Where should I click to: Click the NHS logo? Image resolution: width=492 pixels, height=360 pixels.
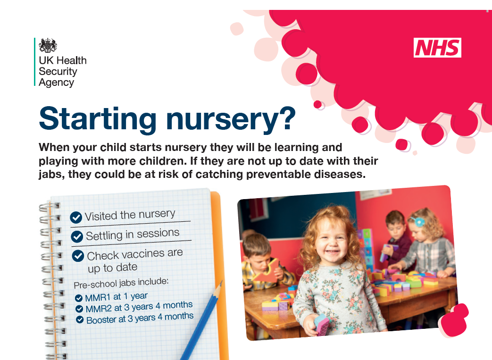point(437,48)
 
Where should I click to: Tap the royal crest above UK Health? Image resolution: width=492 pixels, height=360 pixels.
point(48,46)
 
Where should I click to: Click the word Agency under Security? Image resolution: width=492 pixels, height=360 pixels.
point(56,82)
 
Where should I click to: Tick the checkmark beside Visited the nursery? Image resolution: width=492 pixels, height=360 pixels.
point(76,217)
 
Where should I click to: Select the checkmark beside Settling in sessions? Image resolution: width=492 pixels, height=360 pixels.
point(77,236)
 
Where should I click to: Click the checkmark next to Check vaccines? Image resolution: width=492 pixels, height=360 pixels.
point(78,256)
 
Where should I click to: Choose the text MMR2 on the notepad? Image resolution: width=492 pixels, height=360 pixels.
point(97,309)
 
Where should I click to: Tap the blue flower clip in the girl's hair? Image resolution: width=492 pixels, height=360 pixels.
point(417,220)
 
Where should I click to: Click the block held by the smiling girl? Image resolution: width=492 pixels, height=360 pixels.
point(322,325)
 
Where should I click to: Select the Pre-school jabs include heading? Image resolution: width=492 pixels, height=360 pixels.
point(121,283)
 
